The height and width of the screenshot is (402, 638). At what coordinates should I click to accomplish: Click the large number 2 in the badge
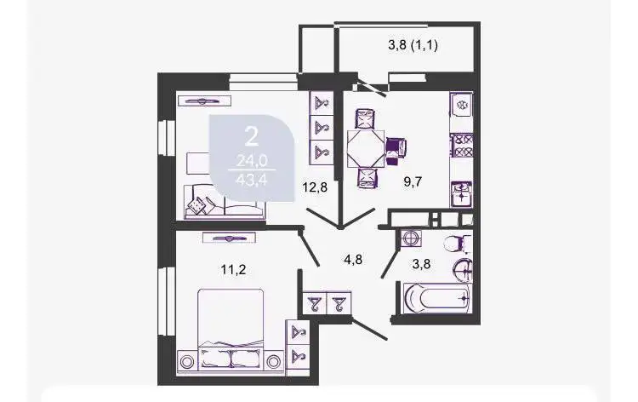[251, 135]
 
